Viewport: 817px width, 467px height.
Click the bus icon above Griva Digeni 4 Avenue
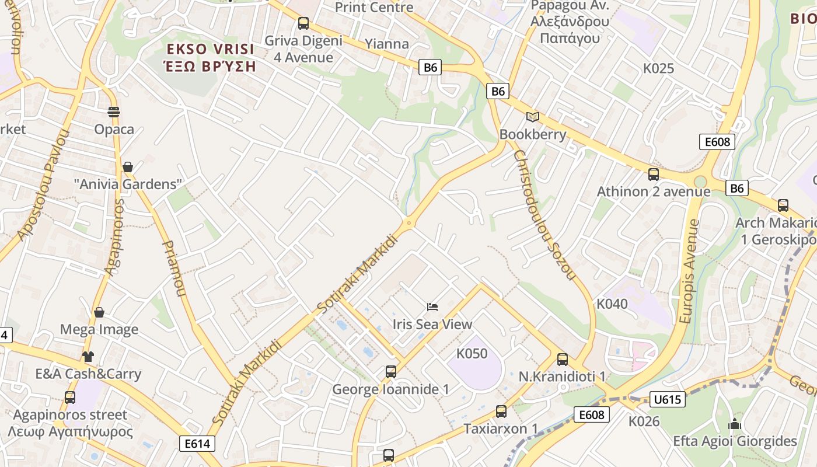303,23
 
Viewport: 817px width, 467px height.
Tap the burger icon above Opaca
114,112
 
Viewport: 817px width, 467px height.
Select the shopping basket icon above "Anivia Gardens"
128,168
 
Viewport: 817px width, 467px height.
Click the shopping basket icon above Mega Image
99,312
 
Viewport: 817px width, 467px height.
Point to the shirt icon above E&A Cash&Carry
88,356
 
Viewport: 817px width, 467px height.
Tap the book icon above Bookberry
532,117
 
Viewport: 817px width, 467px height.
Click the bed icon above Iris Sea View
432,307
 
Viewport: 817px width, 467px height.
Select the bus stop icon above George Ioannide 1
390,371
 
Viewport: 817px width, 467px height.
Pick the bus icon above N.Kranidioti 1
562,359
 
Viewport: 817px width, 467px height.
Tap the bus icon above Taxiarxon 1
501,411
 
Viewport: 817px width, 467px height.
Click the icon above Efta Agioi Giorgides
735,424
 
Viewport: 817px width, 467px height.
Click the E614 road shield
197,444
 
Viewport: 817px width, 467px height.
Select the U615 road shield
667,400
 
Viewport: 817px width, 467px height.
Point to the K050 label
472,354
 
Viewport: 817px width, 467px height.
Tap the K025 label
658,68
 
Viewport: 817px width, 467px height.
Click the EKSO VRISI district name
211,49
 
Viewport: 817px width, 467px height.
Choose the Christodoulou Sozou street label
544,214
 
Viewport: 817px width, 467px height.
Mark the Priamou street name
173,268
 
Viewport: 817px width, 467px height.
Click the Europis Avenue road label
689,272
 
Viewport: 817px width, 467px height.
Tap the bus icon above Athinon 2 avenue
653,174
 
